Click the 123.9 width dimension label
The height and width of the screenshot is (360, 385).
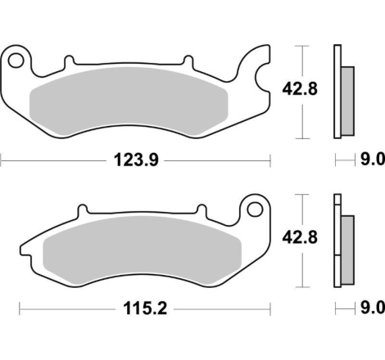136,160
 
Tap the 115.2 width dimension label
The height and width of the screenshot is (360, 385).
145,308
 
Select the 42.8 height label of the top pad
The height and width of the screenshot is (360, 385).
300,89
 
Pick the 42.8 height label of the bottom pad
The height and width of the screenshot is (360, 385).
300,237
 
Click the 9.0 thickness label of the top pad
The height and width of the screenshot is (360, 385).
373,159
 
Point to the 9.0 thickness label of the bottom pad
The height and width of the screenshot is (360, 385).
373,308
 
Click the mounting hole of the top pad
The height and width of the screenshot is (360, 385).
16,61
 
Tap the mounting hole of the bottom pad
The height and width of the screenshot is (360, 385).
255,209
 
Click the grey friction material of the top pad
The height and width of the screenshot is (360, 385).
129,101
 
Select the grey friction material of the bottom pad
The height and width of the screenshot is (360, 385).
143,250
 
